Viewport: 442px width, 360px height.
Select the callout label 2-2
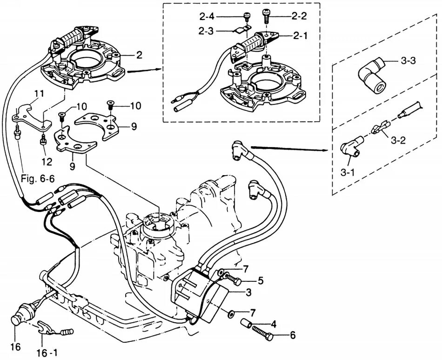click(x=299, y=16)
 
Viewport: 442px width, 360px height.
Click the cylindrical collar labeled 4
click(x=247, y=323)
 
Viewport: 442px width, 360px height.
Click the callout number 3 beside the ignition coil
click(x=249, y=292)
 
